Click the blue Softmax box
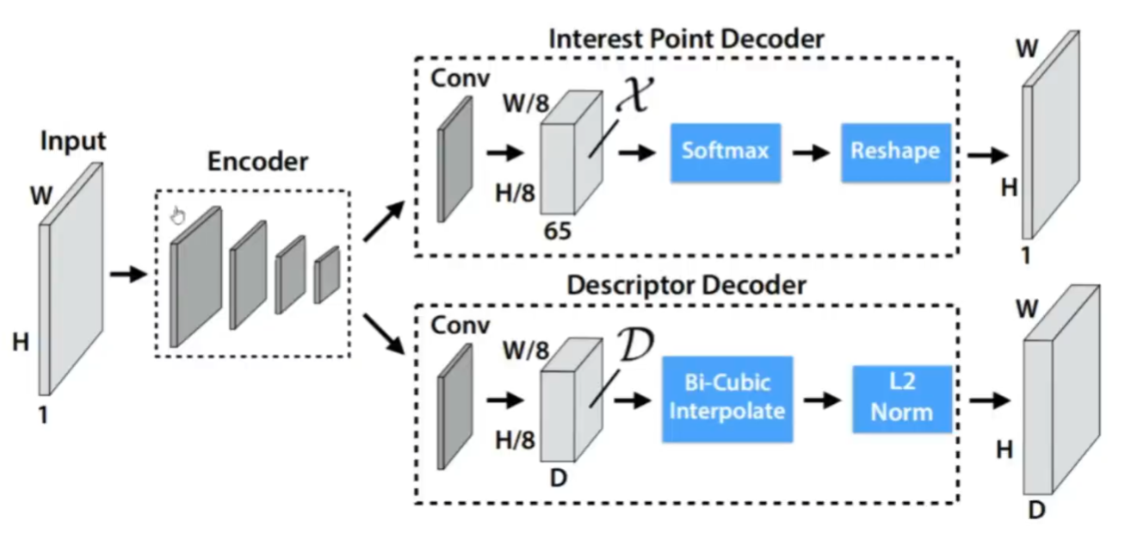coord(725,152)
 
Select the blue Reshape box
coord(895,152)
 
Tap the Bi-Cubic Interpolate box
coord(726,397)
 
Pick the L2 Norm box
coord(901,398)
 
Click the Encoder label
coord(256,161)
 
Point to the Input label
coord(73,140)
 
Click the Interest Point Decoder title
coord(686,39)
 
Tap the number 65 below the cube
coord(557,231)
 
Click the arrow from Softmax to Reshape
coord(809,152)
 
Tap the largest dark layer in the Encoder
coord(196,276)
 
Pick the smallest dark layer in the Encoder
coord(326,274)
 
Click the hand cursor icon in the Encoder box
coord(178,214)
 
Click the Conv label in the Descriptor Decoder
coord(460,325)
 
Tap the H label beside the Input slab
coord(20,343)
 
